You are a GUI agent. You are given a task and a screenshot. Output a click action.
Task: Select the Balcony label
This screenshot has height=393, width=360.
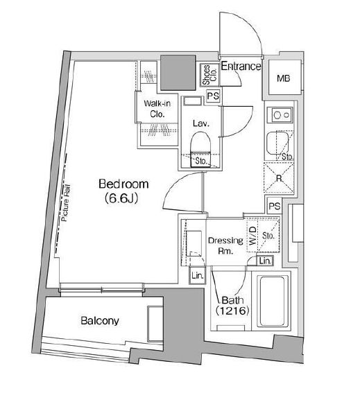(x=99, y=321)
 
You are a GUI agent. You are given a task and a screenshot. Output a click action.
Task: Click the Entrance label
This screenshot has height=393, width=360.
(x=241, y=67)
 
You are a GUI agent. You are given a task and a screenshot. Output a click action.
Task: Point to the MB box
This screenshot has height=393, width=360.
(x=283, y=79)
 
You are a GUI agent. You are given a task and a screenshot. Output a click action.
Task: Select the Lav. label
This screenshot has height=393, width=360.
(x=202, y=123)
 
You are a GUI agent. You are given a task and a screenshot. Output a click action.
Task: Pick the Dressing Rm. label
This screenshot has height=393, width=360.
(x=225, y=245)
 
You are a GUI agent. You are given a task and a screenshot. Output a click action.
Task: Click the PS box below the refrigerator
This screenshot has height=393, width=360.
(x=275, y=206)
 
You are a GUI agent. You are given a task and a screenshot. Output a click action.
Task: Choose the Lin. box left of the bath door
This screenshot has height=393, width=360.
(x=196, y=275)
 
